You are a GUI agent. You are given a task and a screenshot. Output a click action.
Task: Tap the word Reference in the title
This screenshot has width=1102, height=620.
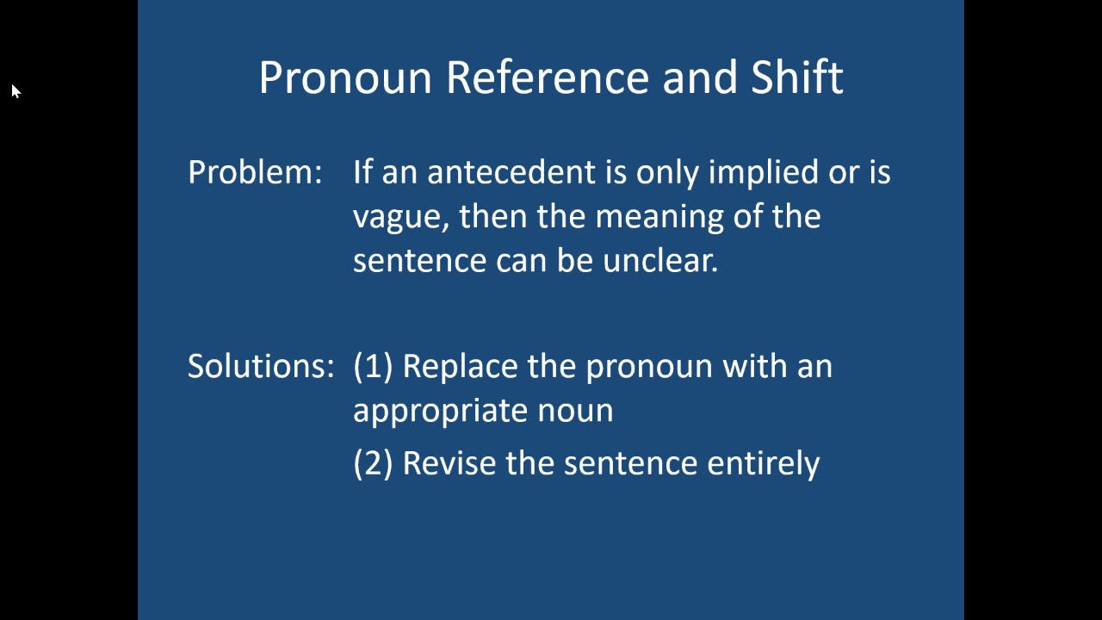click(548, 77)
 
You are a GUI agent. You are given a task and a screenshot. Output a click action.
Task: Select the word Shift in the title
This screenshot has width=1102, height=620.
click(796, 77)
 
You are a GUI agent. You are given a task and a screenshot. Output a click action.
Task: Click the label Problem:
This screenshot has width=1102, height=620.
click(255, 172)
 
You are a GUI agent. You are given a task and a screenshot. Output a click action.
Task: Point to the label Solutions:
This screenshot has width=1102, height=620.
click(261, 366)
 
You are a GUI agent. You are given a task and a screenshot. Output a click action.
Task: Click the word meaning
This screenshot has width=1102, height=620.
click(659, 216)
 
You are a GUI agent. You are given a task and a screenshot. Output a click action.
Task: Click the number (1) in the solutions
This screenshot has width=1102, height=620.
click(373, 367)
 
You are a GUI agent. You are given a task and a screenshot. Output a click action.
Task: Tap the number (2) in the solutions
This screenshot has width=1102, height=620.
click(373, 463)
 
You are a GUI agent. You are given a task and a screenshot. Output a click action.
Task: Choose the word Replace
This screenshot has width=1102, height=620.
click(461, 367)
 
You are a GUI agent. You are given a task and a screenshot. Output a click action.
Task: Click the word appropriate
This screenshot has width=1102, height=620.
click(440, 411)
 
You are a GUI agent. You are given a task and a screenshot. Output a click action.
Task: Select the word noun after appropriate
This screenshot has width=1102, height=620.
click(575, 411)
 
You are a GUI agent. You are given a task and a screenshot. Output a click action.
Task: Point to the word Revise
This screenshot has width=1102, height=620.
click(450, 463)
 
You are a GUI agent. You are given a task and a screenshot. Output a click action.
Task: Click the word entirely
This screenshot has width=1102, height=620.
click(763, 463)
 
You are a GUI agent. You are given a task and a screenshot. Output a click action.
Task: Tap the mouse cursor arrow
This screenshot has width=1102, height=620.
click(15, 91)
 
